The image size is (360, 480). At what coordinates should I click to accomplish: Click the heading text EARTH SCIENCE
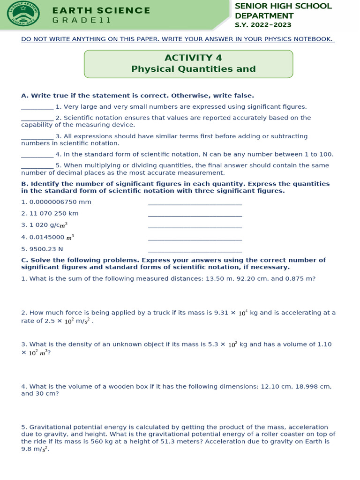point(101,10)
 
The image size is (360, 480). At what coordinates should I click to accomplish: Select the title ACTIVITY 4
point(193,58)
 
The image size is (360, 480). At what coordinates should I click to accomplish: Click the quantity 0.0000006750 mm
point(56,202)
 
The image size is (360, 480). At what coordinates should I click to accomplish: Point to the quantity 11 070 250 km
point(50,213)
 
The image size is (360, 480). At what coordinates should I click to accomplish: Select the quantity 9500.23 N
point(42,249)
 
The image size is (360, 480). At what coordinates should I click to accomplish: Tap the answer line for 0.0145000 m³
point(195,239)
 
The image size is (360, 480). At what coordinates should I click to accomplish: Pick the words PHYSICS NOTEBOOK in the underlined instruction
point(289,39)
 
